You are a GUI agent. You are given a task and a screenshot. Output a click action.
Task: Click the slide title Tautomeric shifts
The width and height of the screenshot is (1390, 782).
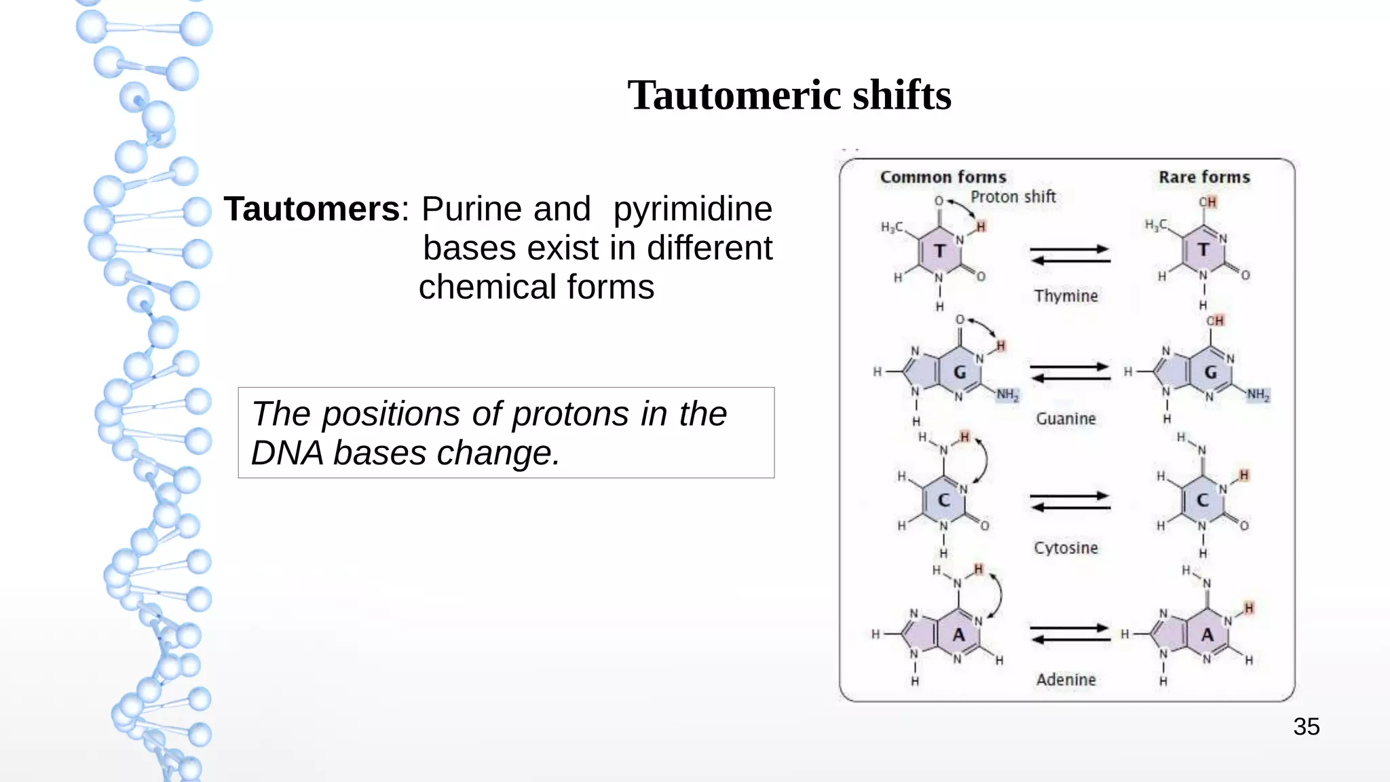(x=789, y=95)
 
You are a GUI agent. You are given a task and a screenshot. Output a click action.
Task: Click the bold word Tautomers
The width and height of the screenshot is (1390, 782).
(x=312, y=209)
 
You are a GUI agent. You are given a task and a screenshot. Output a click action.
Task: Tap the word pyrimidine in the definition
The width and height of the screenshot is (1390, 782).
(x=692, y=209)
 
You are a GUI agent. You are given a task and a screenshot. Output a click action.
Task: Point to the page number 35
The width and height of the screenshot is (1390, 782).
(x=1306, y=727)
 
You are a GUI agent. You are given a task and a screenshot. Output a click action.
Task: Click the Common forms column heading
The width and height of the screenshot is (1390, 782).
(x=943, y=177)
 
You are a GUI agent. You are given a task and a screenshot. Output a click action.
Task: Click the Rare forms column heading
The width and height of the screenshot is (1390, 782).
(x=1204, y=177)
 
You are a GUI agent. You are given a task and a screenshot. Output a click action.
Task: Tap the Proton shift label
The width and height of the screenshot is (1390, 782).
(x=1013, y=197)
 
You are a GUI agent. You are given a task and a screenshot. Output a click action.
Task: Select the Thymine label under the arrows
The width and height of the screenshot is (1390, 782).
(x=1066, y=296)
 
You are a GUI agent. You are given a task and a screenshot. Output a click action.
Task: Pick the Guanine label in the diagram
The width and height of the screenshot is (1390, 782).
(x=1066, y=419)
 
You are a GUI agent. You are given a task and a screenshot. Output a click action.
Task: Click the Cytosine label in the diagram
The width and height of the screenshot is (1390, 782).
(x=1066, y=548)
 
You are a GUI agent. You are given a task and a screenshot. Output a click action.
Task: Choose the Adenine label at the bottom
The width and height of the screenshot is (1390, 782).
(x=1066, y=679)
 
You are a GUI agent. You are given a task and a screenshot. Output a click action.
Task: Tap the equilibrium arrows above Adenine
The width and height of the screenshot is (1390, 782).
(x=1070, y=634)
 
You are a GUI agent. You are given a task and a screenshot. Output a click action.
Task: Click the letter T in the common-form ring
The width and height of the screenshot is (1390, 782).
(x=939, y=251)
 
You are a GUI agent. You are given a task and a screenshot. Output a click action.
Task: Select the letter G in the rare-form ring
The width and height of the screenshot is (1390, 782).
(x=1210, y=373)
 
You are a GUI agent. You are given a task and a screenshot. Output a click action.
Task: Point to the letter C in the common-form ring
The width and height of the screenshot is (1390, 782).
(x=943, y=500)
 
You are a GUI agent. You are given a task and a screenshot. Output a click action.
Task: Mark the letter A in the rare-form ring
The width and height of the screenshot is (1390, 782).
(x=1207, y=635)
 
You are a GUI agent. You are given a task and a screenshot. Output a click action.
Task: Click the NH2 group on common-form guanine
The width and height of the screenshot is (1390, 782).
(x=1007, y=394)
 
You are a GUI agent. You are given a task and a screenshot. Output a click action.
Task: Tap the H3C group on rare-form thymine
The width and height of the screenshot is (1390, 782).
(x=1156, y=225)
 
